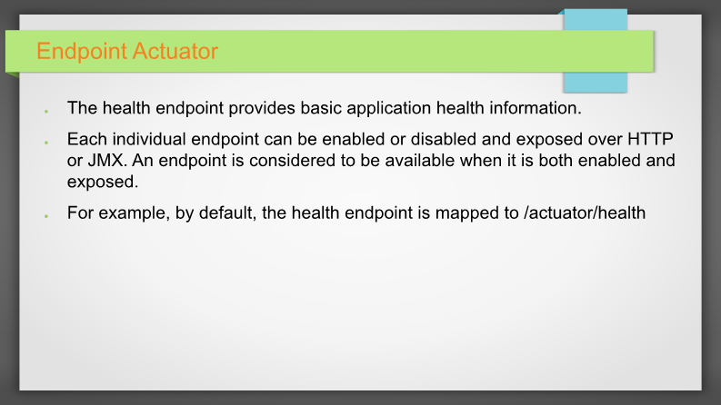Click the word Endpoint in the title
(82, 52)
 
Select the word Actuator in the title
(175, 51)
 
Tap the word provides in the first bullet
(262, 108)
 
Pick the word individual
(149, 139)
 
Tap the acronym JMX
(106, 161)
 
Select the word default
(227, 213)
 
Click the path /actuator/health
(585, 212)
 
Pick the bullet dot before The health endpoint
(46, 111)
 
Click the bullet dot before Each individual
(46, 143)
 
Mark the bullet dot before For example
(46, 216)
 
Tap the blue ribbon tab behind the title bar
(595, 82)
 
